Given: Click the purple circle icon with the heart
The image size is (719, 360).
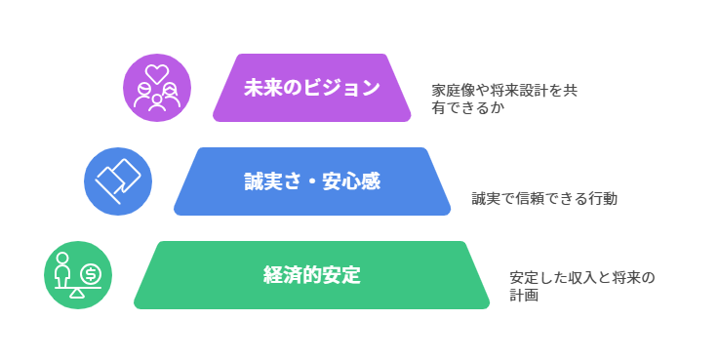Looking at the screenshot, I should [x=156, y=87].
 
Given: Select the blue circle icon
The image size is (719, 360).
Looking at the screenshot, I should [x=118, y=180].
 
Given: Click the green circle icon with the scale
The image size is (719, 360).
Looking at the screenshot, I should [x=78, y=275].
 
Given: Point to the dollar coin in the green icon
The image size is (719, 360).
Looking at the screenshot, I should [x=91, y=273].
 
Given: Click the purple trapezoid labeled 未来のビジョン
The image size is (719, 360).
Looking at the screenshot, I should [x=311, y=88].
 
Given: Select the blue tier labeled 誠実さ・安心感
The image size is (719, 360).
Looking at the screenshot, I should [x=311, y=180].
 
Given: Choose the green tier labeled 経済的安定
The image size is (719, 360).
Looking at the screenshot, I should [x=311, y=275].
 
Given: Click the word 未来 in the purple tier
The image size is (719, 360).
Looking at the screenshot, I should [x=259, y=88].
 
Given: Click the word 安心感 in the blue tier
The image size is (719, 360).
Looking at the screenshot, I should [x=351, y=180].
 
